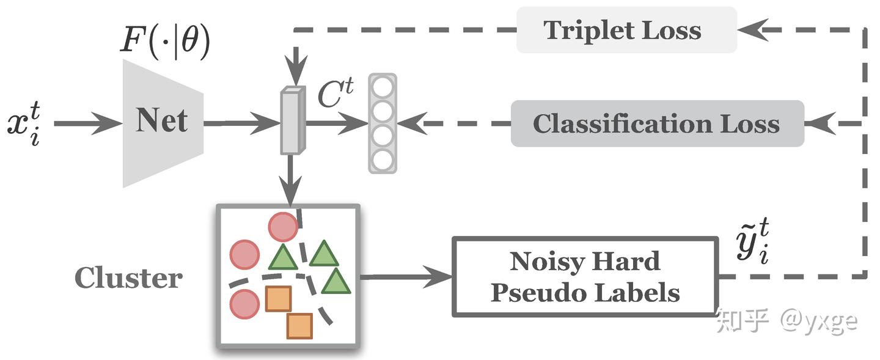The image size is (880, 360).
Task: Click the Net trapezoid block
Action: pos(163,123)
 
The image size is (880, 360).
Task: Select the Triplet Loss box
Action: pos(626,30)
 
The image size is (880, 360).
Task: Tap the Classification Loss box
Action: pos(658,123)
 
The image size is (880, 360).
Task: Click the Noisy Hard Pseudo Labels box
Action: pos(585,277)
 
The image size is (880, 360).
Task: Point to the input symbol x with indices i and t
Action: pos(24,123)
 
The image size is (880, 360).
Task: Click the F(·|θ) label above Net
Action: pos(165,42)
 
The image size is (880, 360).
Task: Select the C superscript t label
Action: pos(335,93)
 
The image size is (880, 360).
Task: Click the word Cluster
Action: pos(128,277)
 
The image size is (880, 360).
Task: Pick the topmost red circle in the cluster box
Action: pos(283,227)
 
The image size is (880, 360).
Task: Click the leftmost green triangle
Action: pos(283,257)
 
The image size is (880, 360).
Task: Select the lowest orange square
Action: pos(299,326)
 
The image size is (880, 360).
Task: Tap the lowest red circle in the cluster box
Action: pos(244,304)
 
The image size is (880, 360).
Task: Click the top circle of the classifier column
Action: pos(383,87)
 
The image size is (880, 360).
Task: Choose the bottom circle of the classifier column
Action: pos(383,160)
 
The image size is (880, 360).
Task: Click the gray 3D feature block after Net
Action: pos(293,120)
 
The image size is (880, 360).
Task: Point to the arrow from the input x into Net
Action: pos(88,123)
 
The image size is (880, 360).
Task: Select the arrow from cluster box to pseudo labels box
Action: pos(406,277)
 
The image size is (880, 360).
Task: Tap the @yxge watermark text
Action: pos(818,321)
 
